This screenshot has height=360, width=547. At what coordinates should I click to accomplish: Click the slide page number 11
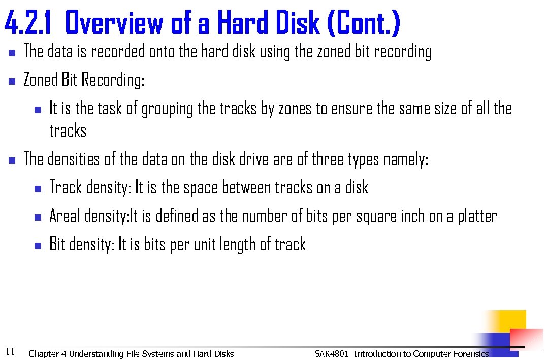(10, 351)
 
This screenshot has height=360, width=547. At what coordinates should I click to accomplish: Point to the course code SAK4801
(331, 354)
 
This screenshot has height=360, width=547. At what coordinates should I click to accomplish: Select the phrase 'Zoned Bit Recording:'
(84, 80)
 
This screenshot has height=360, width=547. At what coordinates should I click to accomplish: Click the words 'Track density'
(89, 188)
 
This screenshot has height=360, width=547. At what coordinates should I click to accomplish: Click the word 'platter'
(477, 217)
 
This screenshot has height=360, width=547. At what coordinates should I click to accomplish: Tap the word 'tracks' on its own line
(68, 131)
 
